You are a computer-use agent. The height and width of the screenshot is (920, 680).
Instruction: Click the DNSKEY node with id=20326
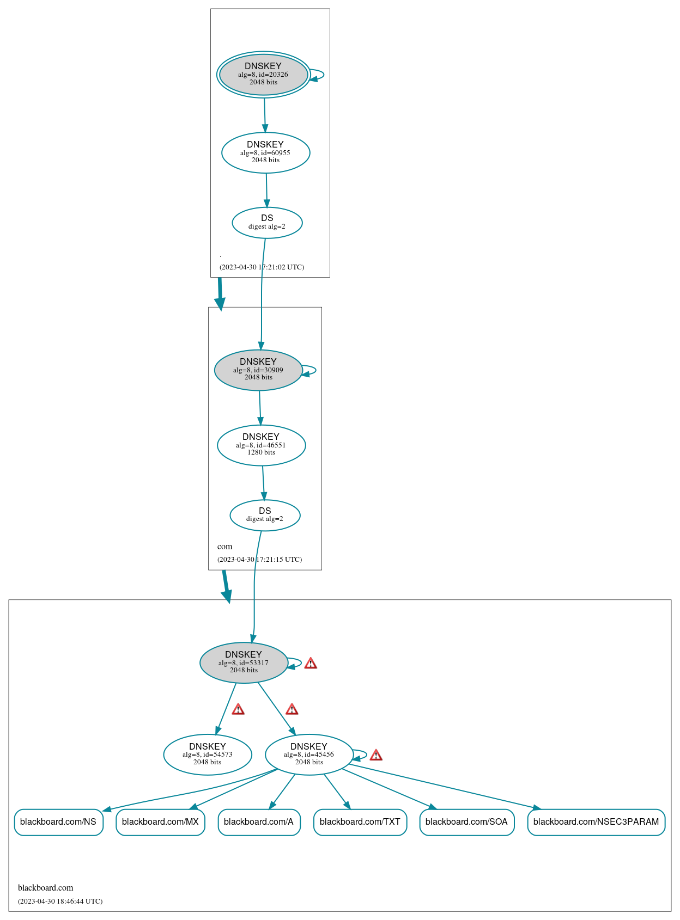263,75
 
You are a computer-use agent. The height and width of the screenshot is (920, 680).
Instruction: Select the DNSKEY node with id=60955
265,152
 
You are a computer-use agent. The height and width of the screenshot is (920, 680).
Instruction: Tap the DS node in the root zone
267,222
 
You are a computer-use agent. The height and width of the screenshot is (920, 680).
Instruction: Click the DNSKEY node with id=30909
258,370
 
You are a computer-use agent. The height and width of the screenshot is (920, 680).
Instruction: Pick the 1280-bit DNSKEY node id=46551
261,445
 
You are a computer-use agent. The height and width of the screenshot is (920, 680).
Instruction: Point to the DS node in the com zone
265,515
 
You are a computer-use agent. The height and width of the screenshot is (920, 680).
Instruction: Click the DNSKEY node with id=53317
244,663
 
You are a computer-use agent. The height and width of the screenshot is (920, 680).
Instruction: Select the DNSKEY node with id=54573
208,754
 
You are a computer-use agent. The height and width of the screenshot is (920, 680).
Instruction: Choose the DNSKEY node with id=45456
309,754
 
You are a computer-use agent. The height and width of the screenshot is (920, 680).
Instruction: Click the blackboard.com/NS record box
58,821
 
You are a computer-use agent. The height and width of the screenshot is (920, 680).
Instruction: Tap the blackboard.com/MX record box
160,821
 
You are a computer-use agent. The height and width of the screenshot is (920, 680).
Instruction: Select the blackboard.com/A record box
259,821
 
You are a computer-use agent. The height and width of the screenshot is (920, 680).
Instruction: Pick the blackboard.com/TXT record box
360,821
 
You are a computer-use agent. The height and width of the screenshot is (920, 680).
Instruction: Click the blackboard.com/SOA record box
466,821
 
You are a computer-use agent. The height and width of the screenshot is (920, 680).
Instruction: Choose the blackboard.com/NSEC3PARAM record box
596,821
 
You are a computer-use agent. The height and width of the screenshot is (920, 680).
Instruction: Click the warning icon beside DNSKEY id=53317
311,663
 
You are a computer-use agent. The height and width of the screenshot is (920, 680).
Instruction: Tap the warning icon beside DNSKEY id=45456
376,755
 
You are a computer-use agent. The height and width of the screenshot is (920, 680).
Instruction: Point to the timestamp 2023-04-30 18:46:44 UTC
60,901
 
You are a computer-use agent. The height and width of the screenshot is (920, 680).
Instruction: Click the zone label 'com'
224,547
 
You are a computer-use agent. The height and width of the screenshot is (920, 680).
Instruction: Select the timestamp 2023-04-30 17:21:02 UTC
262,267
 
